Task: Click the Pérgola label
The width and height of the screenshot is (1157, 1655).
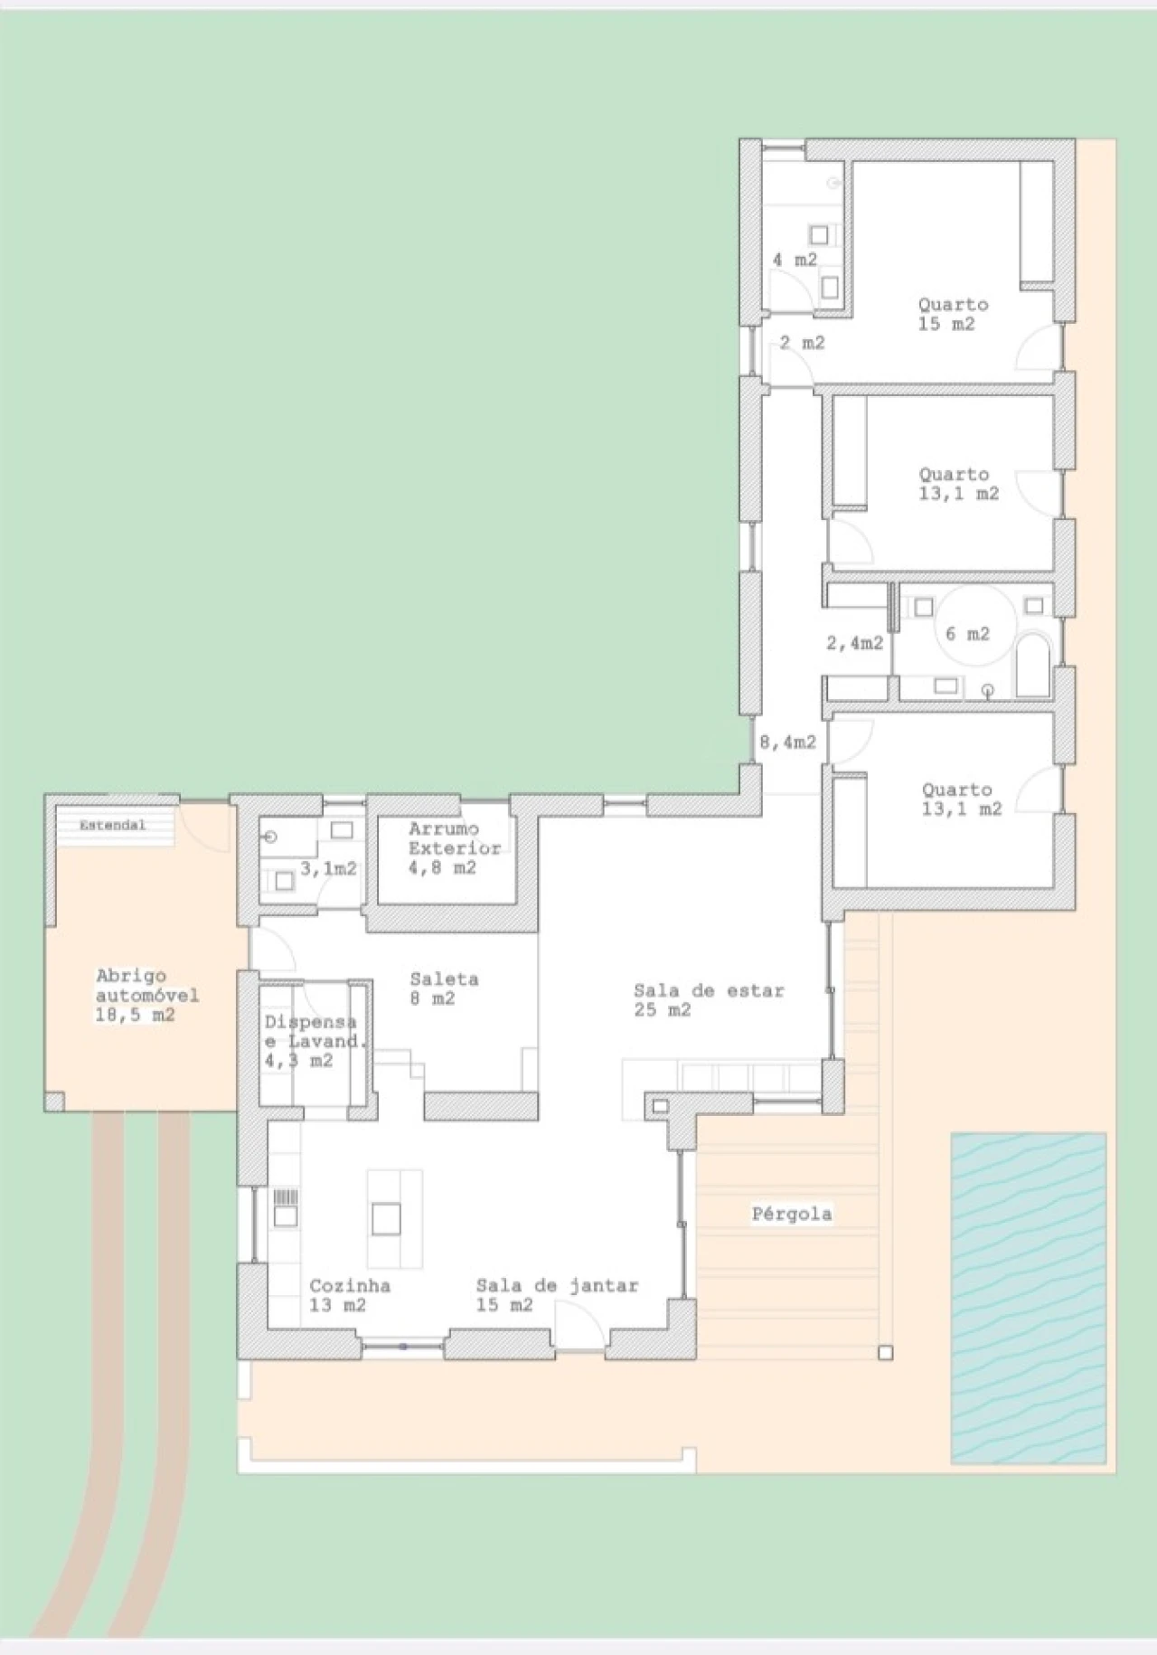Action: pos(792,1214)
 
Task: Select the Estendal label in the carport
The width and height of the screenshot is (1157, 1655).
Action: pos(112,826)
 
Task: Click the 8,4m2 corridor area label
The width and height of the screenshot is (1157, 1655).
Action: pos(787,742)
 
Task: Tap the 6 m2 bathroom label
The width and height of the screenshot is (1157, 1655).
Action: pos(967,634)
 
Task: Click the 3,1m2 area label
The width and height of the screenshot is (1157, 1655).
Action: pos(328,869)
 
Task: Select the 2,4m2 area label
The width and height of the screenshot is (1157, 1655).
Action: pos(854,644)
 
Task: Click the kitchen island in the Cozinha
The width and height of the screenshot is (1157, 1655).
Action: pos(395,1219)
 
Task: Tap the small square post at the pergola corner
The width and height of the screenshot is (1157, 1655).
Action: pos(886,1353)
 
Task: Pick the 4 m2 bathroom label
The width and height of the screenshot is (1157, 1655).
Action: pos(795,260)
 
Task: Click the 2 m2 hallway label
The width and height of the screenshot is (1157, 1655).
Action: pos(802,343)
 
